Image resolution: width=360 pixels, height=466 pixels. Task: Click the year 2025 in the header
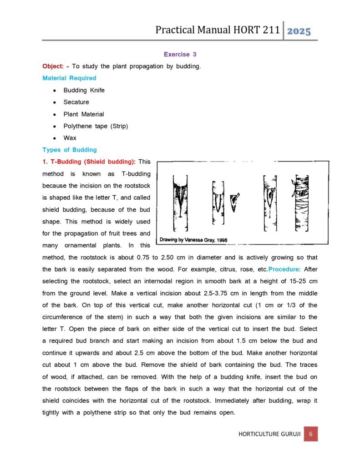[x=299, y=31]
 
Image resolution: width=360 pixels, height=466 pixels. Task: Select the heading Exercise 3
[x=180, y=54]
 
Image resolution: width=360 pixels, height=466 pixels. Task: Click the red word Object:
[x=55, y=66]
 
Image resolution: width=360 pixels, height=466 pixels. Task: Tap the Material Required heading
[x=69, y=78]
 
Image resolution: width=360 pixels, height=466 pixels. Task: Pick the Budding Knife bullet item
[x=84, y=90]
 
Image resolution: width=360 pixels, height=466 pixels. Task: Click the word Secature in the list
[x=76, y=102]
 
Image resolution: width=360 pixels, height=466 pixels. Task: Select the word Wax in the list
[x=70, y=138]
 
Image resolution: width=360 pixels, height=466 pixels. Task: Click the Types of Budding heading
[x=69, y=150]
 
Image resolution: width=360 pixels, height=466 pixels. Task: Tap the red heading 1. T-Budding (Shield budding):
[x=89, y=162]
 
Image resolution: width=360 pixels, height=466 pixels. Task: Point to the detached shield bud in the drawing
[x=234, y=202]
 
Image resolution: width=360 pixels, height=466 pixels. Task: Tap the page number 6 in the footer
[x=310, y=434]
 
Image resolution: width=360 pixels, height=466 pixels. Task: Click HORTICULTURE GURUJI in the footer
[x=269, y=434]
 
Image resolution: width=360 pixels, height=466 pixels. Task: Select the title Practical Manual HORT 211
[x=217, y=30]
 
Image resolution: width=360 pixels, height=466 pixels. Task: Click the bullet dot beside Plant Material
[x=54, y=114]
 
